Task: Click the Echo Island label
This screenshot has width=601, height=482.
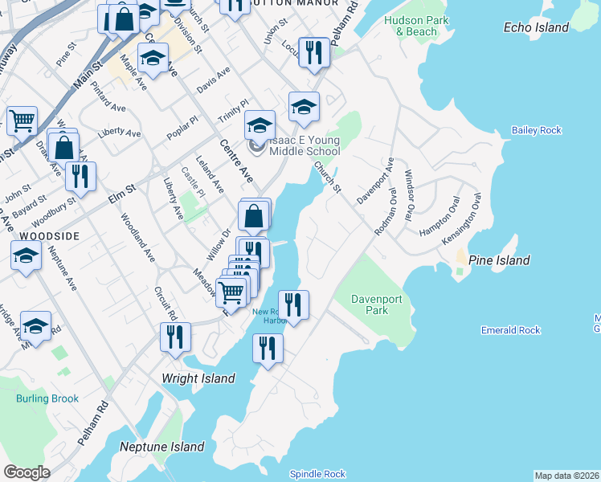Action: [x=536, y=27]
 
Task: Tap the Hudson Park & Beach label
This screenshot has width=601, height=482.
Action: [x=411, y=26]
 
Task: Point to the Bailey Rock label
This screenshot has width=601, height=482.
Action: [x=536, y=130]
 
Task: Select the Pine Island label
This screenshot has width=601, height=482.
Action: [x=499, y=260]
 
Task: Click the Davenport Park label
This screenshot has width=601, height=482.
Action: [x=375, y=304]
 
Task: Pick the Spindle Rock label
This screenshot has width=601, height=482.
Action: [x=317, y=474]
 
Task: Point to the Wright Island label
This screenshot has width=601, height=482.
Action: [x=198, y=378]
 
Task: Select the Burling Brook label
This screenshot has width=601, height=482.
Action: [x=47, y=398]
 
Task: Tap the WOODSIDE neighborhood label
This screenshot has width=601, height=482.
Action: [x=49, y=236]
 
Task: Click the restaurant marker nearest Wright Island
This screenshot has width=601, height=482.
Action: [x=175, y=337]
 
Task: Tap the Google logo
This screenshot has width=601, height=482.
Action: [x=27, y=472]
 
